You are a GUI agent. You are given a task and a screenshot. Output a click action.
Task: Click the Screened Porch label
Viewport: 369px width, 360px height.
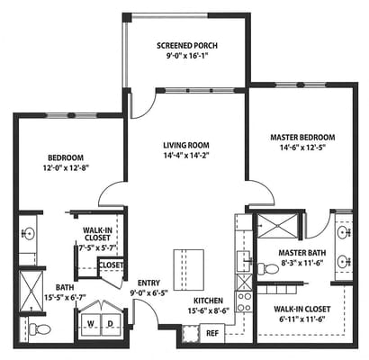click(187, 46)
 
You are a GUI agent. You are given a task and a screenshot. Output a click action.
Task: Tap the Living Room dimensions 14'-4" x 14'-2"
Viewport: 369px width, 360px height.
click(186, 156)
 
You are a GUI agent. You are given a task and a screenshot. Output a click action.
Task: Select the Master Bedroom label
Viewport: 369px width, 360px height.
click(302, 138)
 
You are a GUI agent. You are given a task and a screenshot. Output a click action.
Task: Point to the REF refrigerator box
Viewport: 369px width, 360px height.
click(212, 333)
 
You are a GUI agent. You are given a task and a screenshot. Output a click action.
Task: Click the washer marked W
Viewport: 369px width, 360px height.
click(90, 324)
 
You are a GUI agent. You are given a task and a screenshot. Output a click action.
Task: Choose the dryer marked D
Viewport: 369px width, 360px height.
click(111, 324)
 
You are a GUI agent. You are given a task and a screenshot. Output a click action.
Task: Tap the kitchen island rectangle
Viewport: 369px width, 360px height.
click(189, 270)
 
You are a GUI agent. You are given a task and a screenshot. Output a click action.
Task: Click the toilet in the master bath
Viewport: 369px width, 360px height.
click(268, 268)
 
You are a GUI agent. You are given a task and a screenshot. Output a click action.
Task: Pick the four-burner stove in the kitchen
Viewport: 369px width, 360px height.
click(244, 302)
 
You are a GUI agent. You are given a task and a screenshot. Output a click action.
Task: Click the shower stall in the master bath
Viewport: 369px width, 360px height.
click(277, 225)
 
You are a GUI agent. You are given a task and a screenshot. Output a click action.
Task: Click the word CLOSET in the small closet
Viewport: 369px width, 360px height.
click(111, 265)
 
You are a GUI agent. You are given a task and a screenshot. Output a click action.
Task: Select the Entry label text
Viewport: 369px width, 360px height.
click(148, 283)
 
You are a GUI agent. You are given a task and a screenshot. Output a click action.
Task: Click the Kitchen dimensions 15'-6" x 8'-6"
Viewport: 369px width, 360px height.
click(209, 310)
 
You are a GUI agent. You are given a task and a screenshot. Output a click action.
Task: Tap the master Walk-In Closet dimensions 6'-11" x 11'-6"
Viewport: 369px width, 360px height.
click(302, 319)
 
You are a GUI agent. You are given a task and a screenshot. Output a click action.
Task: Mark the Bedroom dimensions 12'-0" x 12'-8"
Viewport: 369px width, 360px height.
click(66, 167)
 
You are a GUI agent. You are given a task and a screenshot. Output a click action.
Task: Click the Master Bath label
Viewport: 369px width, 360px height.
click(302, 253)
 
